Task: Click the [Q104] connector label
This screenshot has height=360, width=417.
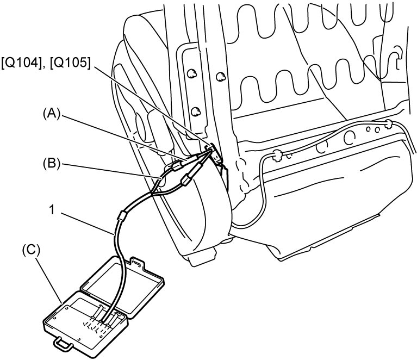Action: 21,64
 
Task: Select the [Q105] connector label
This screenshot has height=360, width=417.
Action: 70,64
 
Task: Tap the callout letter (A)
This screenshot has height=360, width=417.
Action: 52,114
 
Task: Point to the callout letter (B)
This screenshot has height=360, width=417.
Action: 52,164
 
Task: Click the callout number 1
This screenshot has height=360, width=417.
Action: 52,210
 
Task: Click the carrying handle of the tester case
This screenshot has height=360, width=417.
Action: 63,344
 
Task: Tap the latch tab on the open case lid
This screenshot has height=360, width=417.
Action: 137,263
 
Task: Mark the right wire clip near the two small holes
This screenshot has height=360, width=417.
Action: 388,123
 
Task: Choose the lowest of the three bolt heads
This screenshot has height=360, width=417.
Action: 196,111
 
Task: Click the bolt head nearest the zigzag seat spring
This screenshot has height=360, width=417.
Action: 221,77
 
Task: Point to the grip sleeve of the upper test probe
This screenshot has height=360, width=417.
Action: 177,166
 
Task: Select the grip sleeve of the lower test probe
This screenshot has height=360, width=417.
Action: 186,180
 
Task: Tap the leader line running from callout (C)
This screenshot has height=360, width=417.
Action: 50,277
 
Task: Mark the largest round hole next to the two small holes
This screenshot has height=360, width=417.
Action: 350,137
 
